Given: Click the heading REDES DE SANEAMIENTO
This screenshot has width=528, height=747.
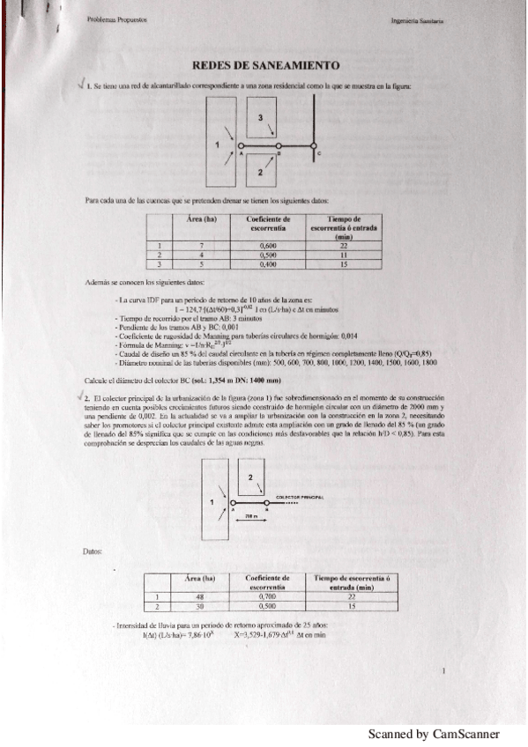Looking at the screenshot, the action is click(x=266, y=66).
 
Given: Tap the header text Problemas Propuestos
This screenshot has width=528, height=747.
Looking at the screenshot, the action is click(x=117, y=18).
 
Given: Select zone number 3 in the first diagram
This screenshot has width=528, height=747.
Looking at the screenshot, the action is click(x=260, y=117).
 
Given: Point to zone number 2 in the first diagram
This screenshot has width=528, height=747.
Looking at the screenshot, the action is click(x=259, y=172).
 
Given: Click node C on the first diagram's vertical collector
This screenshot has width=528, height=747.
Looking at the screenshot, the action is click(x=315, y=146).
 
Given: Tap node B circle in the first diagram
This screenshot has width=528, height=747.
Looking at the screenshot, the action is click(x=278, y=145).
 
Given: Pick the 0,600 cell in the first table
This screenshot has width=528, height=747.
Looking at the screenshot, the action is click(x=269, y=246).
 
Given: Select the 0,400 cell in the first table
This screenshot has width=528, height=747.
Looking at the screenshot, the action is click(x=269, y=263).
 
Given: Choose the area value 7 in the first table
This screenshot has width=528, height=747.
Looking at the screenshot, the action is click(x=202, y=246).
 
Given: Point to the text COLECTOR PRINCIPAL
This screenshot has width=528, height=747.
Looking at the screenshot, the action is click(x=301, y=497).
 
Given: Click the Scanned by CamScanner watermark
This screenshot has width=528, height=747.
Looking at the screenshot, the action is click(x=434, y=734).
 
